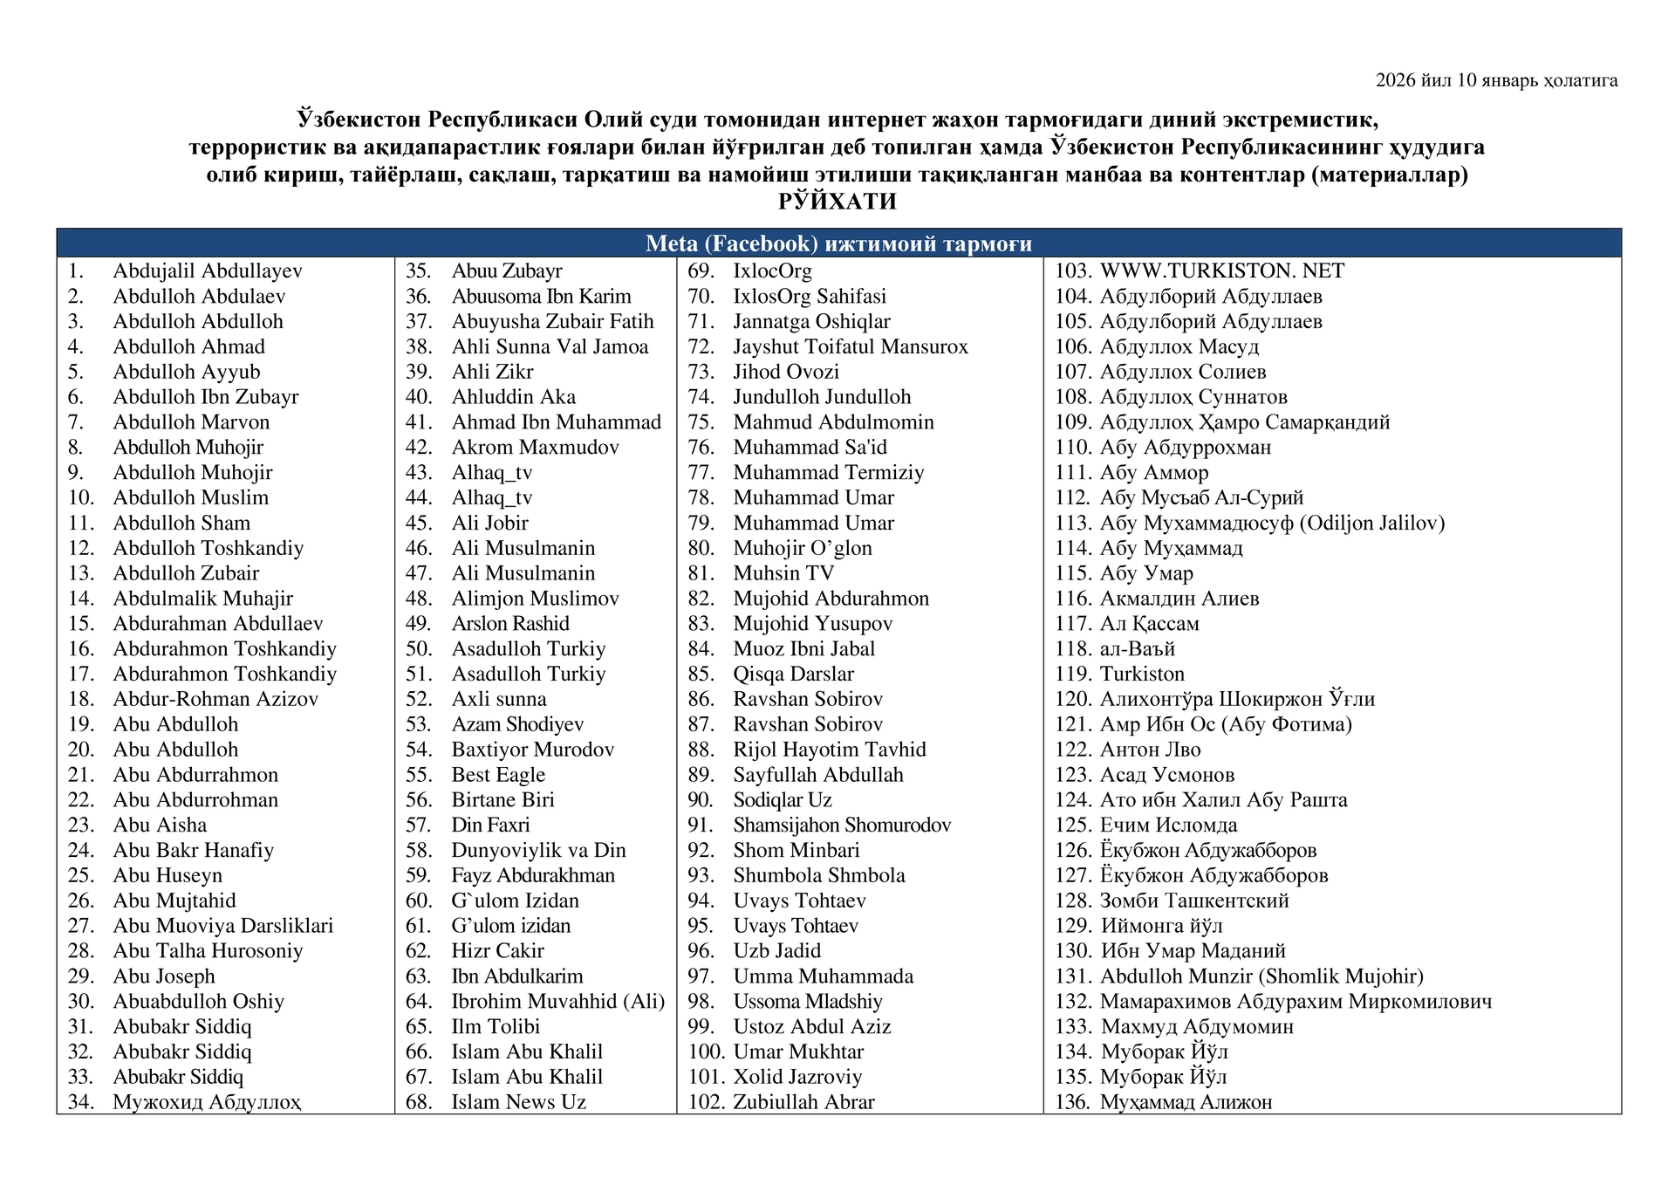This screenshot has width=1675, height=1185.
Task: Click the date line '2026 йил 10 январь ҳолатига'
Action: point(1496,81)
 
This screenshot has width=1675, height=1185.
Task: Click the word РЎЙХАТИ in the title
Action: point(837,202)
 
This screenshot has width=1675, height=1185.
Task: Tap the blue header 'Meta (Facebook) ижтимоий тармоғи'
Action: point(838,243)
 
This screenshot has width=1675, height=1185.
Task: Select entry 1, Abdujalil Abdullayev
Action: point(207,271)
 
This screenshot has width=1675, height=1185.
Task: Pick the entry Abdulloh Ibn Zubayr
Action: point(205,397)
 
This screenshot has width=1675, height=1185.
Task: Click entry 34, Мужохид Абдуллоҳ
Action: point(207,1102)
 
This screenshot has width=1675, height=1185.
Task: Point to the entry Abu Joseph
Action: point(164,976)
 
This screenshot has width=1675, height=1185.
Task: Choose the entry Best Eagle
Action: point(498,775)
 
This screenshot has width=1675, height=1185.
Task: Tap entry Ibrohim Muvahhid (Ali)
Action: point(557,1002)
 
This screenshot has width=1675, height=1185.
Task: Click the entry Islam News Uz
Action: point(518,1102)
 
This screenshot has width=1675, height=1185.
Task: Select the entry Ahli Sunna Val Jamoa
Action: point(550,347)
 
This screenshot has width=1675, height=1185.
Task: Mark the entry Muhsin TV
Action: point(783,573)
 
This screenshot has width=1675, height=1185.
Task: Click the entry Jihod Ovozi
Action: point(786,372)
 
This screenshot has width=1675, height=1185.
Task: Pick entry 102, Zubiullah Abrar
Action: point(803,1102)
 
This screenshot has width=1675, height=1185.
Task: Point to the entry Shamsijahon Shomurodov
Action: point(842,825)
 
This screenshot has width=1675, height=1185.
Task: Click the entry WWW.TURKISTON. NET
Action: point(1222,271)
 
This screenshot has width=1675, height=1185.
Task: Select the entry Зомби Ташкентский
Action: point(1194,901)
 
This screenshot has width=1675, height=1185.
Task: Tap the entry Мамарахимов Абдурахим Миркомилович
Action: point(1296,1002)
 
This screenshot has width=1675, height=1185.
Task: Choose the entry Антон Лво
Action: point(1150,750)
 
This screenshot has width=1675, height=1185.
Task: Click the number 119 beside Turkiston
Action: point(1073,675)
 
